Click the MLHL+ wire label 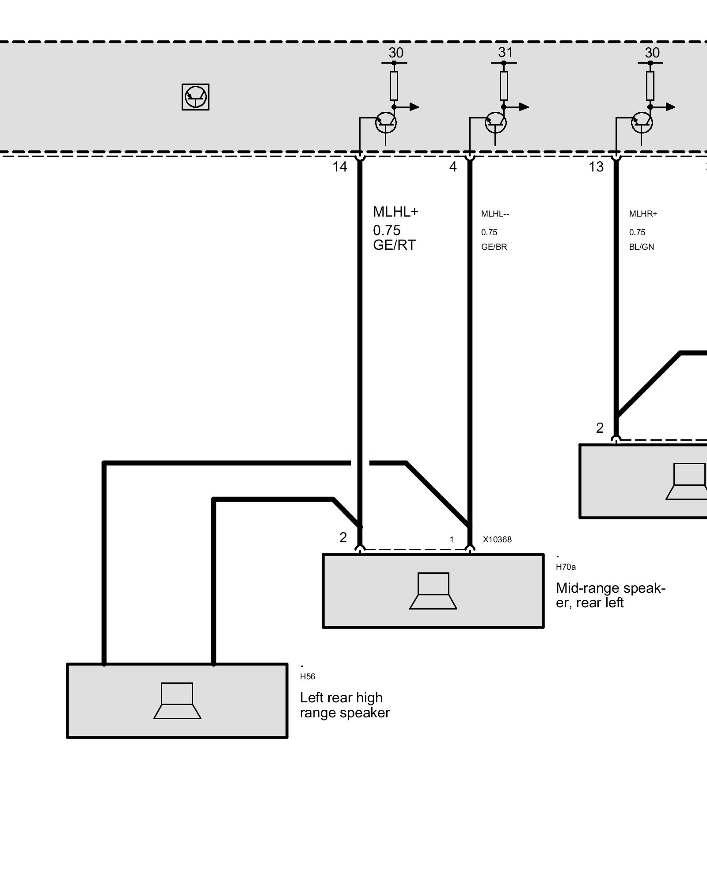[x=395, y=212]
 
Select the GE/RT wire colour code [x=394, y=245]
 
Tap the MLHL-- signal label [x=495, y=214]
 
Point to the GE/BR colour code [x=494, y=247]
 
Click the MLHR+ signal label [x=643, y=214]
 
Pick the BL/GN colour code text [x=641, y=247]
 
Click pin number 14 [x=340, y=167]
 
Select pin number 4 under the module [x=453, y=167]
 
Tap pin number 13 [x=596, y=167]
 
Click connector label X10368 [x=497, y=540]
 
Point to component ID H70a [x=566, y=567]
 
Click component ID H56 [x=308, y=677]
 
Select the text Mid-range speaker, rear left [x=610, y=595]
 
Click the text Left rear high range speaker [x=345, y=705]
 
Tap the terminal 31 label [x=506, y=53]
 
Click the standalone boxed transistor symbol [x=195, y=97]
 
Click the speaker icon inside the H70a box [x=433, y=591]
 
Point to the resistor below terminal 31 [x=504, y=86]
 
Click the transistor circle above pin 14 [x=386, y=123]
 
